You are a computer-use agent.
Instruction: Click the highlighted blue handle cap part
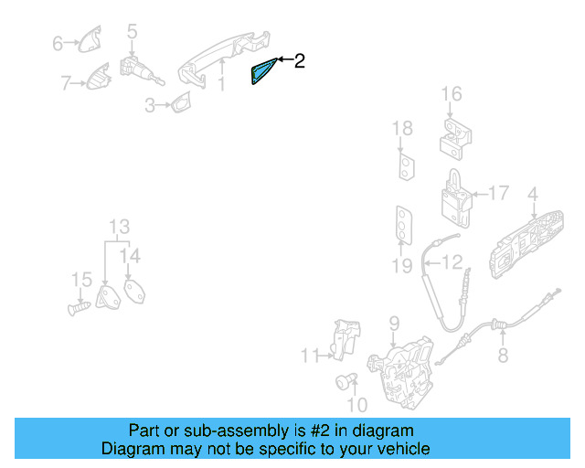tap(263, 71)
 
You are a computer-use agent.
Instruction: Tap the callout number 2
tap(299, 61)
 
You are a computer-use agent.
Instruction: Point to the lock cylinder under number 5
tap(136, 69)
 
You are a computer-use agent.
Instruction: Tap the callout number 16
tap(452, 94)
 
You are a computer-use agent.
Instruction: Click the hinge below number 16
tap(454, 134)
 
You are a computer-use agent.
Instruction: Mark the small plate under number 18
tap(405, 165)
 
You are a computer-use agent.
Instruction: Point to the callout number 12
tap(453, 263)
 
